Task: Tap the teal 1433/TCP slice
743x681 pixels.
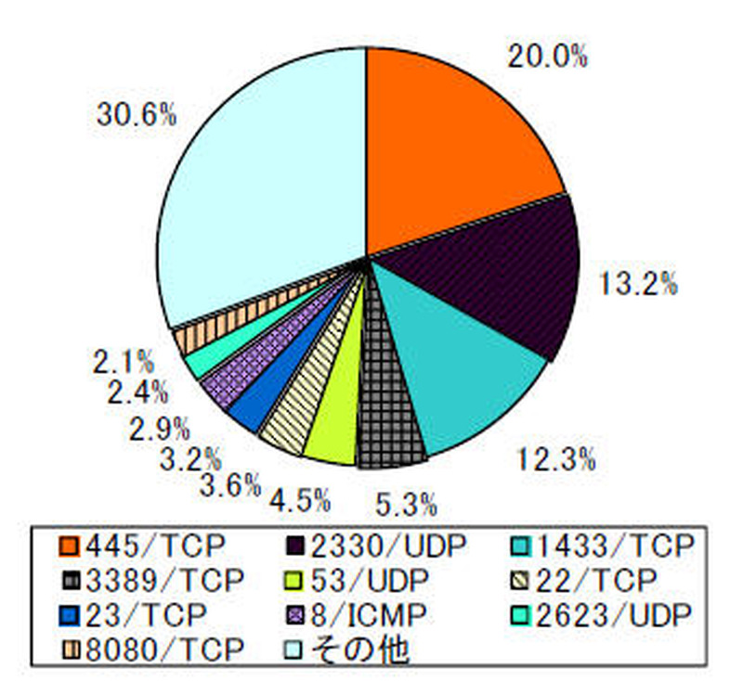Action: click(x=464, y=380)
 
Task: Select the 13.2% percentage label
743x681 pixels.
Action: click(x=637, y=283)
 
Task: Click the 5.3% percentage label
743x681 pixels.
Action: click(x=406, y=505)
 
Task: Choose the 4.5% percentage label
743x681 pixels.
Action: click(x=300, y=501)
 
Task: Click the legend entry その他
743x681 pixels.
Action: click(x=358, y=649)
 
